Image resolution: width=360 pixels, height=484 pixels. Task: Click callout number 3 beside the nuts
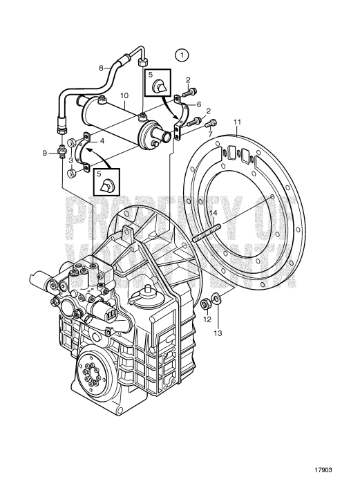(x=72, y=160)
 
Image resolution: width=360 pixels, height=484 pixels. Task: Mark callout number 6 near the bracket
(x=199, y=104)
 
